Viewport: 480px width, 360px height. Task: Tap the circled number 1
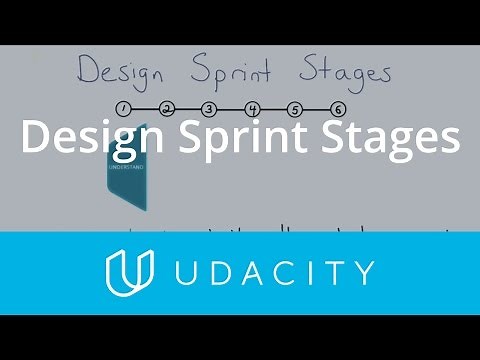123,109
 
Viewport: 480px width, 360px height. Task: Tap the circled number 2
166,109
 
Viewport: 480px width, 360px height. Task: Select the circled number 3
208,109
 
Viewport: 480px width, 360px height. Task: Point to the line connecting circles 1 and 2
144,109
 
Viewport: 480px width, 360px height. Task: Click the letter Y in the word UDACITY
363,272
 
